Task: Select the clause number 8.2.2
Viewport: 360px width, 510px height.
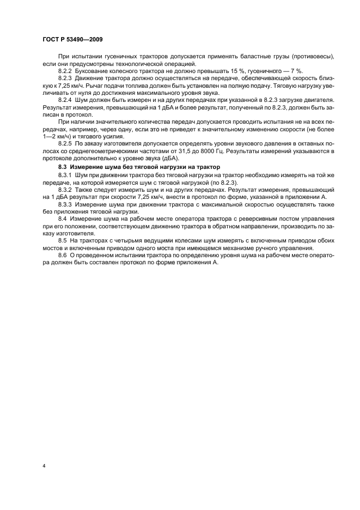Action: [x=66, y=71]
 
